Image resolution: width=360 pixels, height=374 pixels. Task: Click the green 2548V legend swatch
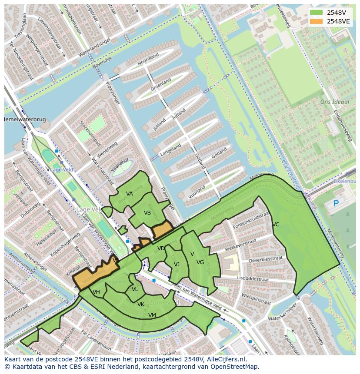(x=317, y=13)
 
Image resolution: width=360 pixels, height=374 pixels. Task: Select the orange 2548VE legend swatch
(x=317, y=21)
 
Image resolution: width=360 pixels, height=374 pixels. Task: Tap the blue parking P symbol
(x=336, y=203)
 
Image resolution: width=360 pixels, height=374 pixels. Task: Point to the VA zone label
(x=129, y=194)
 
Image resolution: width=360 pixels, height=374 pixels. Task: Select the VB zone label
(x=147, y=213)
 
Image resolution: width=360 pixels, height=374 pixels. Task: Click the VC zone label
(x=276, y=225)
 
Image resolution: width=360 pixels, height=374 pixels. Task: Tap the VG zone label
(x=200, y=262)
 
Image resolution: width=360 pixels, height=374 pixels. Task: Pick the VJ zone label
(x=177, y=265)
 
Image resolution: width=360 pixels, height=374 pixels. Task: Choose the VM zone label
(x=152, y=315)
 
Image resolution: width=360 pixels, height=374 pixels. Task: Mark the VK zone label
(x=141, y=304)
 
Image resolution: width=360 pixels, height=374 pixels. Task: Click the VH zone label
(x=97, y=292)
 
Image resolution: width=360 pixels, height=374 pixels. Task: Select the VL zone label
(x=135, y=289)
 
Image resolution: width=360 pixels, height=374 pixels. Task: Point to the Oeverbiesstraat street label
(x=265, y=259)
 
